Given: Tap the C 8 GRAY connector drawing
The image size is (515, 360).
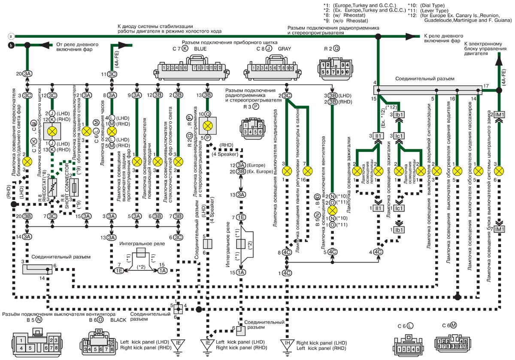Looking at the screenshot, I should [x=270, y=69].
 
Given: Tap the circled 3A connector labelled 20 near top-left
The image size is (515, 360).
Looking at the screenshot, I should [x=27, y=74].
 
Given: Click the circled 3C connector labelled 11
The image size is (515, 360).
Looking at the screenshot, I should [x=112, y=74].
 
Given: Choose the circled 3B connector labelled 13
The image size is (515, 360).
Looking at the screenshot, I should [x=207, y=95].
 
